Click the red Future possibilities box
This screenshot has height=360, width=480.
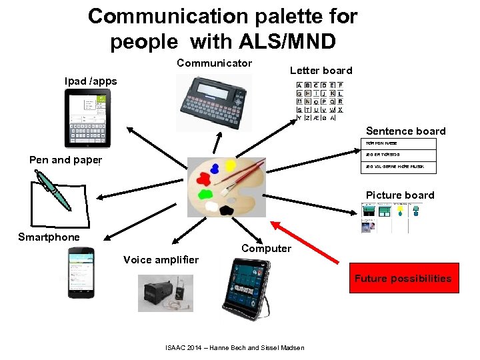tap(403, 279)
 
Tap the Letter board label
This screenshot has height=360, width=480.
tap(321, 71)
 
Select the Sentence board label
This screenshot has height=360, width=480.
tap(405, 131)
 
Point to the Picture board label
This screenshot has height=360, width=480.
tap(400, 195)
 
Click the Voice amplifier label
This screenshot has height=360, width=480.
tap(161, 260)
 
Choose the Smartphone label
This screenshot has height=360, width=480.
tap(49, 237)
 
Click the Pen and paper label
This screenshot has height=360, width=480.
tap(65, 160)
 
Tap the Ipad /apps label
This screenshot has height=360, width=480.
tap(91, 81)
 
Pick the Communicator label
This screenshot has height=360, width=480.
tap(214, 63)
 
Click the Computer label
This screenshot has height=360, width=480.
tap(266, 249)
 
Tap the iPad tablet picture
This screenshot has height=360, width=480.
tap(87, 118)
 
